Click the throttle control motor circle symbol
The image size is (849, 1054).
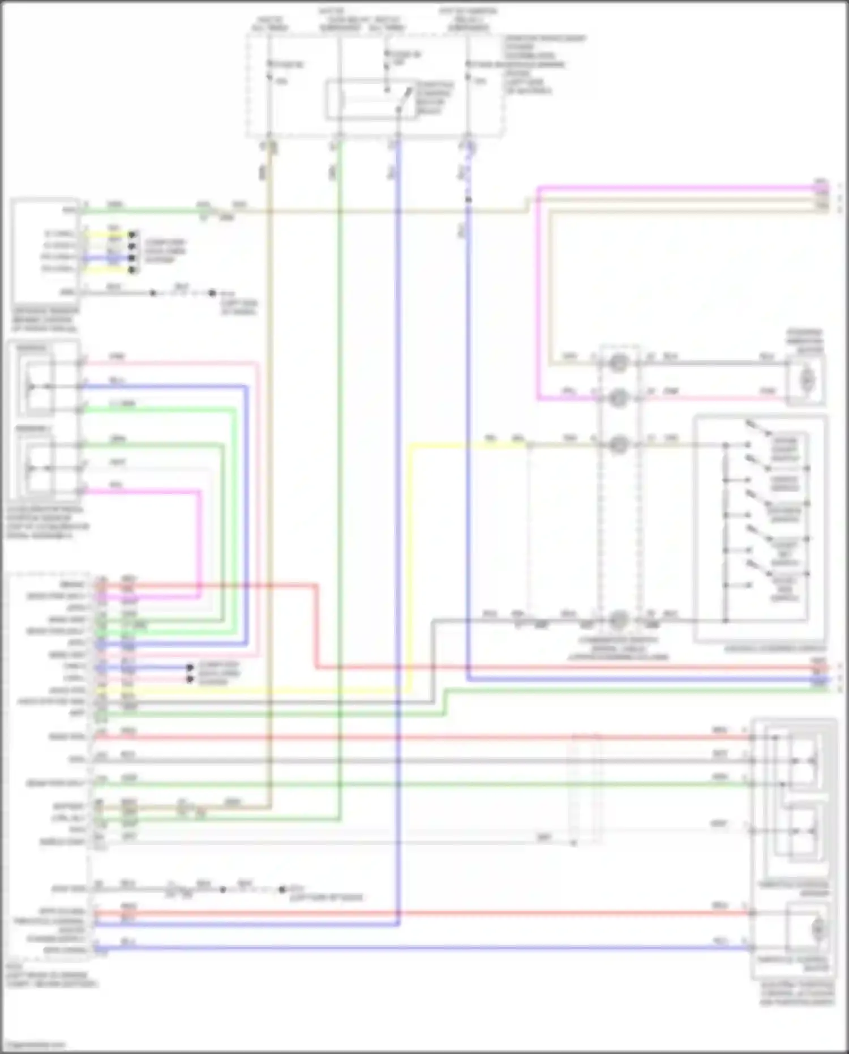[817, 929]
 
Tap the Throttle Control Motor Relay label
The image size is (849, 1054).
[434, 98]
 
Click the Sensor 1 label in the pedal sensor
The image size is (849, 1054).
[32, 347]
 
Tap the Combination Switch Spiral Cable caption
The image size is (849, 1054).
[618, 648]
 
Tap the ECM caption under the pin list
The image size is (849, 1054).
[51, 979]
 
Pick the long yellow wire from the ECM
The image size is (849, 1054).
[255, 690]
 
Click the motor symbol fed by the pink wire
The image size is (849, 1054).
[807, 377]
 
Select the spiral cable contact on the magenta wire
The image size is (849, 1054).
[618, 398]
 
